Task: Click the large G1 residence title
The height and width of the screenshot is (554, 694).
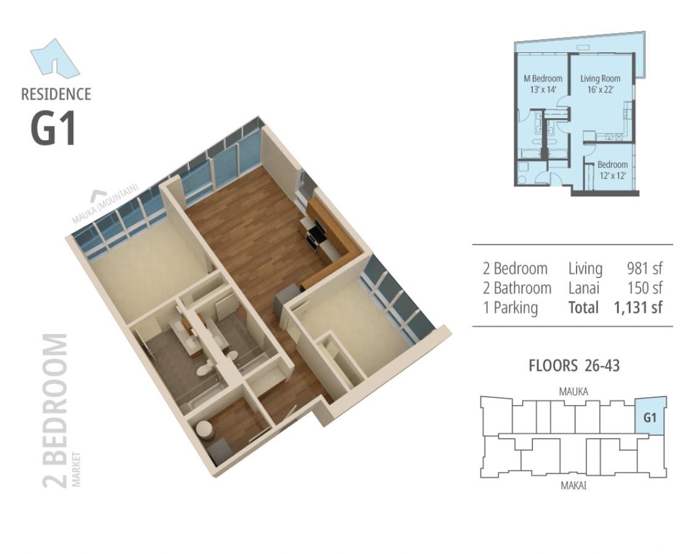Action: (x=54, y=129)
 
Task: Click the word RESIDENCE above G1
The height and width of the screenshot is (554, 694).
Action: (x=56, y=94)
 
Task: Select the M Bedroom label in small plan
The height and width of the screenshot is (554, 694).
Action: (x=543, y=84)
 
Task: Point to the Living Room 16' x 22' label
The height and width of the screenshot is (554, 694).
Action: (x=600, y=84)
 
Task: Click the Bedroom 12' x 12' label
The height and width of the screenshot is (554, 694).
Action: (x=613, y=170)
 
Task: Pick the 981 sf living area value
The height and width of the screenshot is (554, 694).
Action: (x=644, y=268)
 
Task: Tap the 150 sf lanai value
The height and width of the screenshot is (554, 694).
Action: (x=645, y=288)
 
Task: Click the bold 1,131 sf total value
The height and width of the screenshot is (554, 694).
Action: (x=638, y=307)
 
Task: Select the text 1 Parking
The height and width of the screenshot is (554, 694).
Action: (x=510, y=308)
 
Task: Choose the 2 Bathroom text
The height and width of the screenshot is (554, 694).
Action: (x=517, y=288)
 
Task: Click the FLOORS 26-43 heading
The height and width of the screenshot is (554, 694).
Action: (x=574, y=366)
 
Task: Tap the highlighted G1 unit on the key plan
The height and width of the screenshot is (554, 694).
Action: (x=650, y=416)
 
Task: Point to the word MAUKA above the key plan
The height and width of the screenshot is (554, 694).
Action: (x=573, y=392)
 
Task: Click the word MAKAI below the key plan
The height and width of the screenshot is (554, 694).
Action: (x=573, y=486)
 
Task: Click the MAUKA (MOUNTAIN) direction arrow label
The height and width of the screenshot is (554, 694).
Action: (x=106, y=203)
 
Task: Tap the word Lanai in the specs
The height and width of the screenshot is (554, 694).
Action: (x=584, y=288)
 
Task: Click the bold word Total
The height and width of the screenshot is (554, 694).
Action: (x=583, y=307)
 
